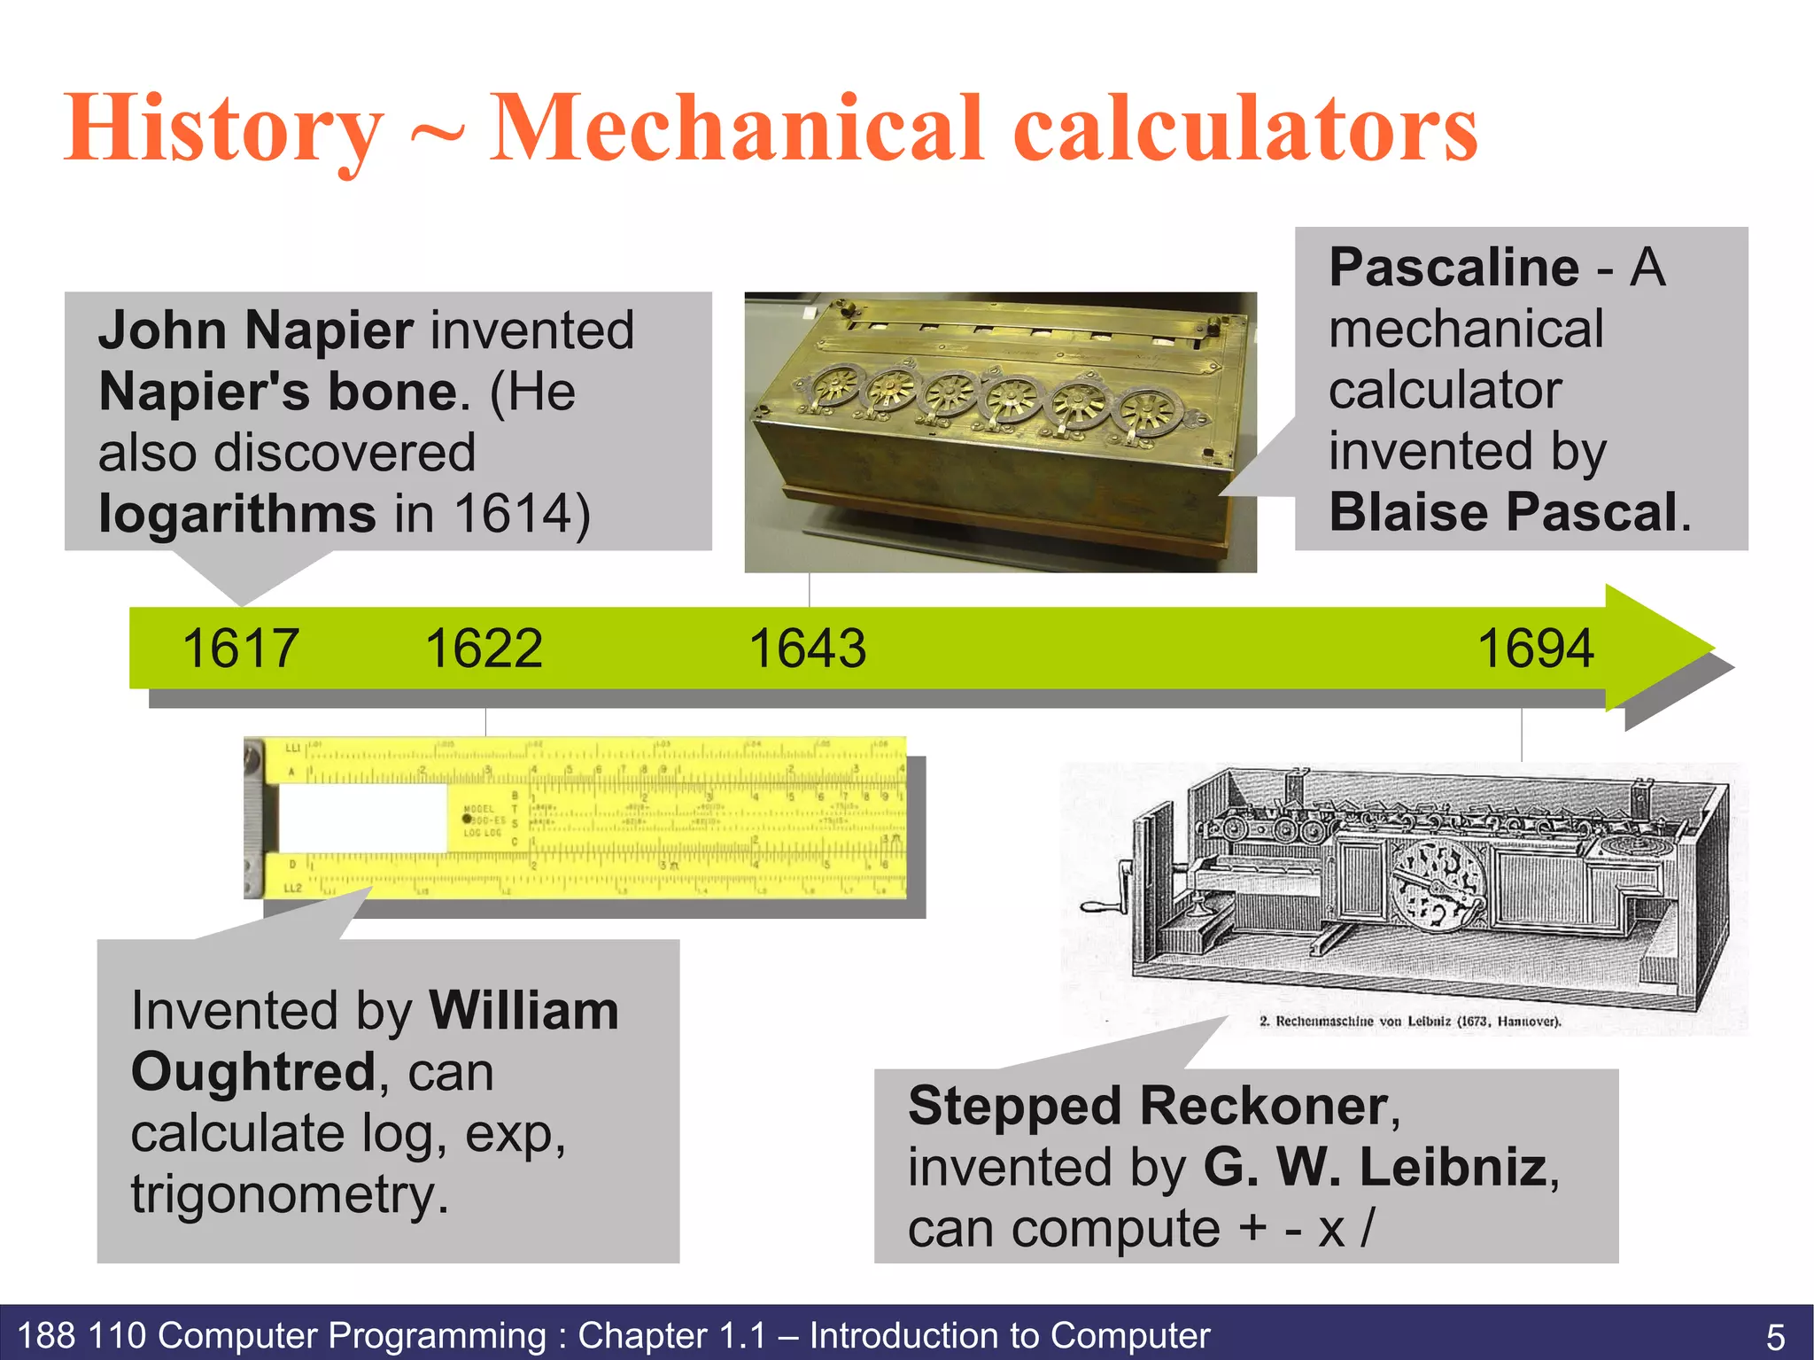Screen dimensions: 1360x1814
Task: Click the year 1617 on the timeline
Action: (x=240, y=648)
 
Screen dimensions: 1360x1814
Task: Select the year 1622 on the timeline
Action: (x=484, y=648)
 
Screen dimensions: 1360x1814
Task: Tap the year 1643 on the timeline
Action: (x=807, y=648)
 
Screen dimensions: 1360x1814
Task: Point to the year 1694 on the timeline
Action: (x=1536, y=648)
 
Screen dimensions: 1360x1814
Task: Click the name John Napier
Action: (x=255, y=330)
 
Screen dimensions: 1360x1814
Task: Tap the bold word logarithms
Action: (x=237, y=514)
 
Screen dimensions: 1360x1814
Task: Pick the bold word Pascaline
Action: (x=1454, y=268)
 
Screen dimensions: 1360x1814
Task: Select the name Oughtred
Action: (x=254, y=1072)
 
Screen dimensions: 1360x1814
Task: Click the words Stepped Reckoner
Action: (x=1148, y=1107)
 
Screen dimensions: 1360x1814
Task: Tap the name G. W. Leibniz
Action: (x=1375, y=1167)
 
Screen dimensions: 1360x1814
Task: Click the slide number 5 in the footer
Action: (x=1775, y=1336)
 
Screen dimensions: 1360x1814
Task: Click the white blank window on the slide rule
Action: (x=363, y=819)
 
